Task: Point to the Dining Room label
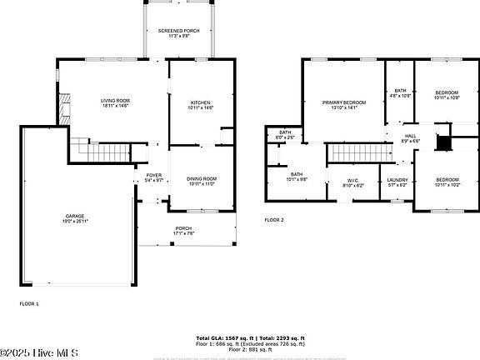tap(202, 180)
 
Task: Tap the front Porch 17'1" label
tap(183, 230)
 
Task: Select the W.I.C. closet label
tap(352, 182)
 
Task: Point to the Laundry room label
tap(397, 182)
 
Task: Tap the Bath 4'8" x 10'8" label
tap(401, 92)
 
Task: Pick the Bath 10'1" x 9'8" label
tap(297, 176)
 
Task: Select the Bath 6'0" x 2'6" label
tap(285, 134)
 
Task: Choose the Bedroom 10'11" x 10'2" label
tap(447, 182)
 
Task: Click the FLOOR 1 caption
tap(29, 304)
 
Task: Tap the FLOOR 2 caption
tap(274, 220)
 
